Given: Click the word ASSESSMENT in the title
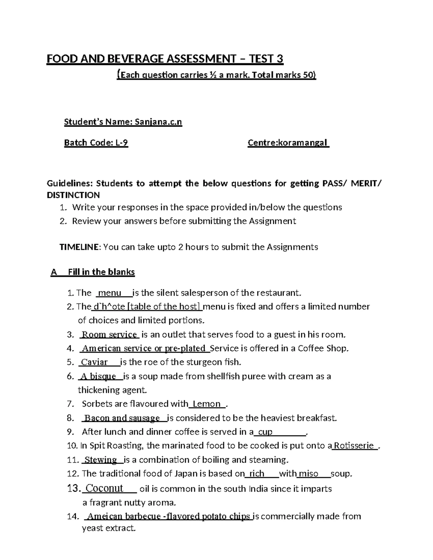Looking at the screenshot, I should pyautogui.click(x=195, y=59).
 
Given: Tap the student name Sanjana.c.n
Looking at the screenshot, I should pyautogui.click(x=158, y=122).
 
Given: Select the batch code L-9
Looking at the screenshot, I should pyautogui.click(x=122, y=143).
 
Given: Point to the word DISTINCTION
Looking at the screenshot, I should pyautogui.click(x=73, y=195).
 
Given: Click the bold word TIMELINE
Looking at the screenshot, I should pyautogui.click(x=79, y=247).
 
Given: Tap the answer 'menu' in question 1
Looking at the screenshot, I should pyautogui.click(x=110, y=293).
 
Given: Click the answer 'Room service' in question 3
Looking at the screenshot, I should pyautogui.click(x=109, y=335).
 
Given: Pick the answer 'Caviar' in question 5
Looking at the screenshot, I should pyautogui.click(x=94, y=362).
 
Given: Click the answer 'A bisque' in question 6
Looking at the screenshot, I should pyautogui.click(x=98, y=376).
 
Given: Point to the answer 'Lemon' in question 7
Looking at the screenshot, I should pyautogui.click(x=207, y=404).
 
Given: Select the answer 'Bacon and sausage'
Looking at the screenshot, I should pyautogui.click(x=122, y=418).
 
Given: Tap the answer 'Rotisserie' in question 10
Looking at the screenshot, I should pyautogui.click(x=354, y=446).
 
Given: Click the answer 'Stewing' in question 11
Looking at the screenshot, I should pyautogui.click(x=101, y=460).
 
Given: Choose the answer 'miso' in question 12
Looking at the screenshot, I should pyautogui.click(x=309, y=474).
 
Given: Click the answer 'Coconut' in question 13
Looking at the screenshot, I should pyautogui.click(x=105, y=489).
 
